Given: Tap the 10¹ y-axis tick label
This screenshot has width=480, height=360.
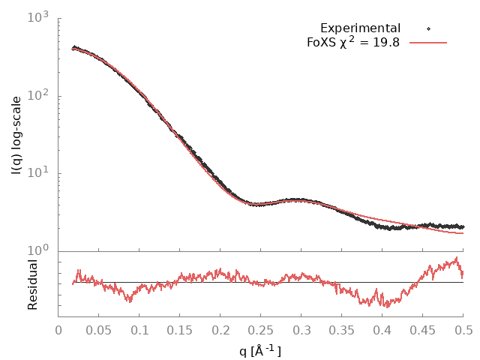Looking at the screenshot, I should coord(39,173).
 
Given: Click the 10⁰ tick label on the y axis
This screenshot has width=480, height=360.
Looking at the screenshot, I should coord(39,250).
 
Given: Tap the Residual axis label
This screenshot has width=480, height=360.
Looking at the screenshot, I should coord(32,284).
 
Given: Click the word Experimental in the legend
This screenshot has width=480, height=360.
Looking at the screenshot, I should coord(360,28).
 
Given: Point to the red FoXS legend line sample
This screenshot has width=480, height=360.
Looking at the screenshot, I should coord(428,43).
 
